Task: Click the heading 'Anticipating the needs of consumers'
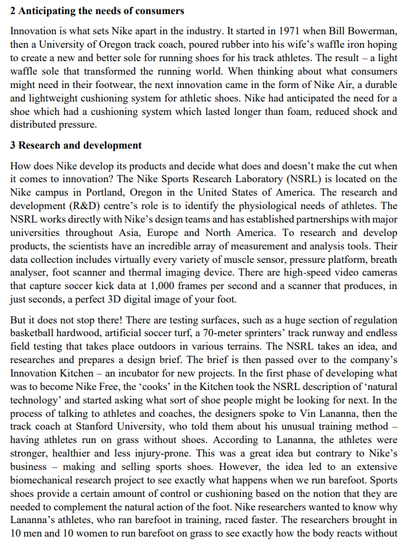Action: tap(101, 12)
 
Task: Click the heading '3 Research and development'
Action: tap(75, 145)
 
